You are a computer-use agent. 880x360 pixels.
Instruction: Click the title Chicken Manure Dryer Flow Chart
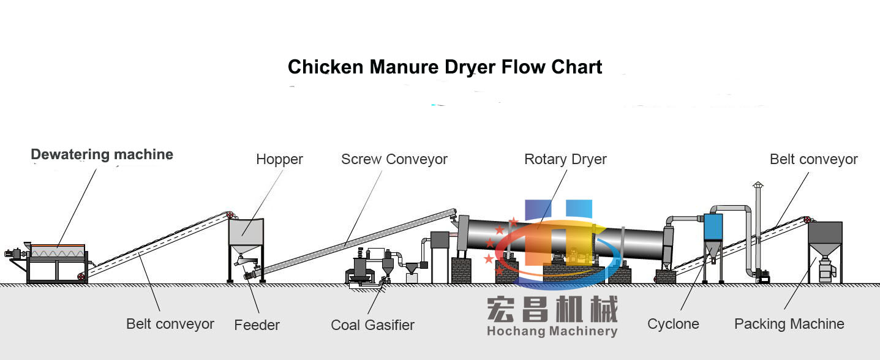445,67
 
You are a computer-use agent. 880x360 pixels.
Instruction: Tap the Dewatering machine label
102,155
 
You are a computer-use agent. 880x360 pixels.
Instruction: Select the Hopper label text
279,160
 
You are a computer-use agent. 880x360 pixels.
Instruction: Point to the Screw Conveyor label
394,160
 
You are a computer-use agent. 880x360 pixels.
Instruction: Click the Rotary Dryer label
565,160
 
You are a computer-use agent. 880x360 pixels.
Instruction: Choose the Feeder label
257,325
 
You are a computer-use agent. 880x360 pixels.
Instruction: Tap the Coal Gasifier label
372,325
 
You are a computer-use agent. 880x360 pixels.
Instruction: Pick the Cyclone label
673,324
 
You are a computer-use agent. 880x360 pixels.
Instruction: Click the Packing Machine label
789,324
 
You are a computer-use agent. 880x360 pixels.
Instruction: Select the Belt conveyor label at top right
813,160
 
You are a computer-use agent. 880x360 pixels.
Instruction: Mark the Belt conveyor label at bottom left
170,324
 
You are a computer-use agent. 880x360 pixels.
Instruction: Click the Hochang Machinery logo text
552,332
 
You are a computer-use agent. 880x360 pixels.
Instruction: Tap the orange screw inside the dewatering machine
58,251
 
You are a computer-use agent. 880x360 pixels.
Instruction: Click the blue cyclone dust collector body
713,227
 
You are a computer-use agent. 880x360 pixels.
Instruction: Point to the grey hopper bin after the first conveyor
246,233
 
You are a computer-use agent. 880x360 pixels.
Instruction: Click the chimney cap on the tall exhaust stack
758,184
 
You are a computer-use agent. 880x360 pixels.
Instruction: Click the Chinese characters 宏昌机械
552,310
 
